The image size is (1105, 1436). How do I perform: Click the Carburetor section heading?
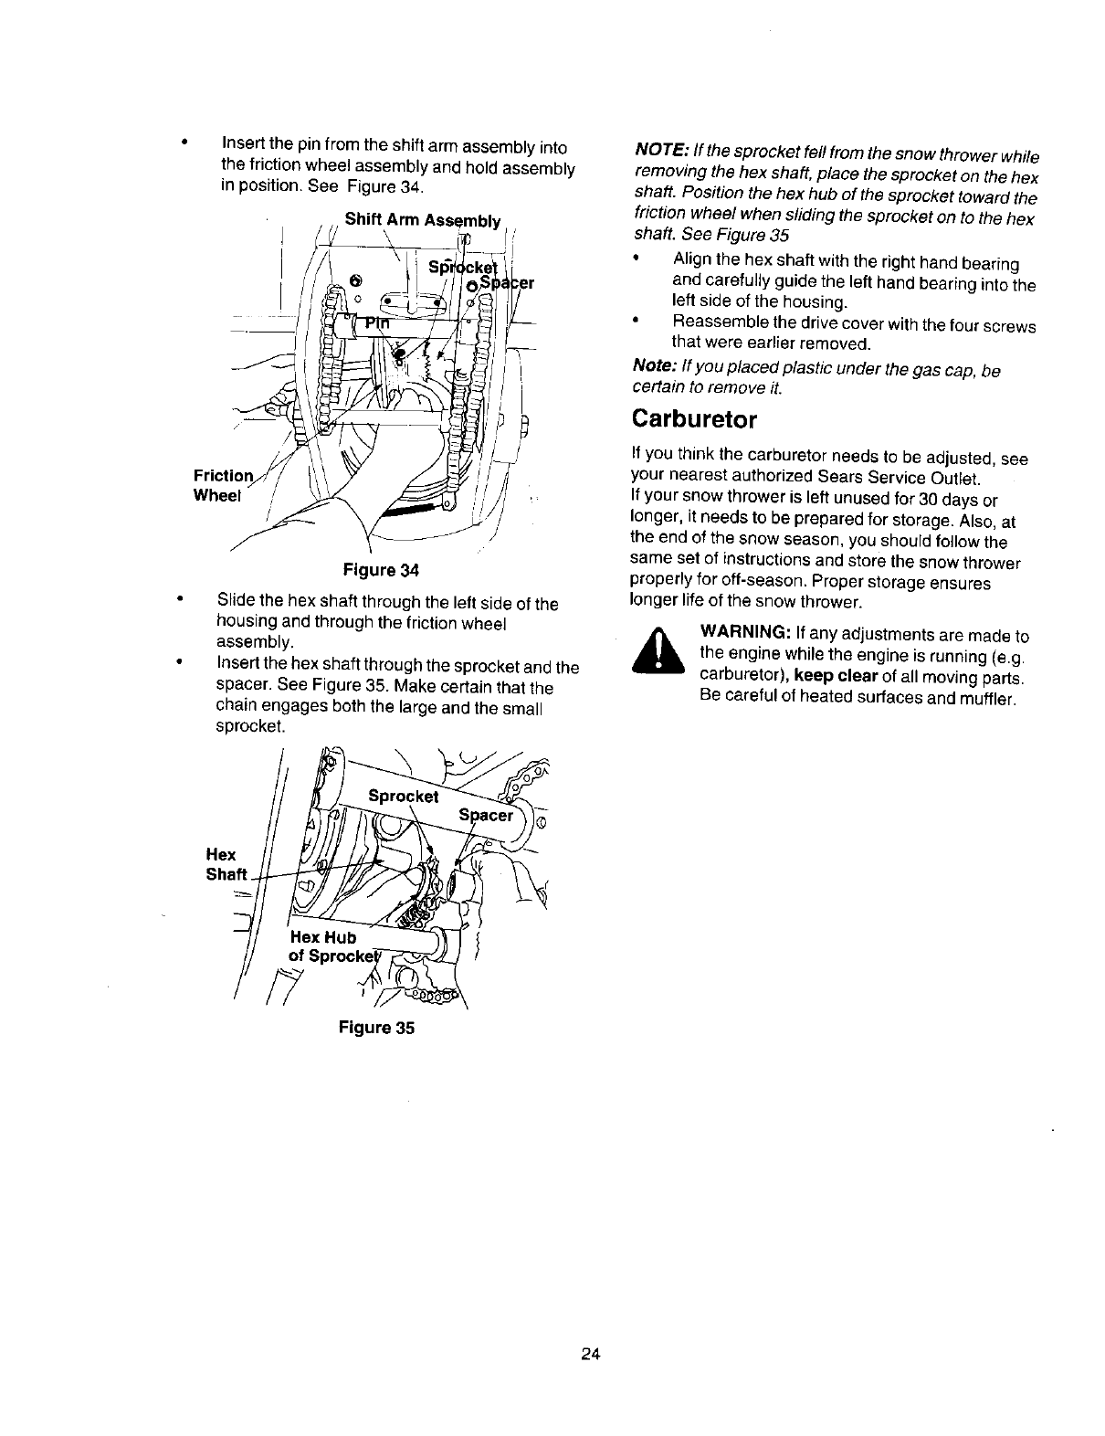[x=694, y=420]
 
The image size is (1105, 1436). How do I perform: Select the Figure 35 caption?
[x=376, y=1028]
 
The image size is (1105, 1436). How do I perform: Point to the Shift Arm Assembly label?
[x=423, y=219]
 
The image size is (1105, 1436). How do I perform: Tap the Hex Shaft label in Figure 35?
[x=225, y=864]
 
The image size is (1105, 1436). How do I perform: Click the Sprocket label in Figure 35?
[x=404, y=796]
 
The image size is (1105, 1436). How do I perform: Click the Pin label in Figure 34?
[x=376, y=322]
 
